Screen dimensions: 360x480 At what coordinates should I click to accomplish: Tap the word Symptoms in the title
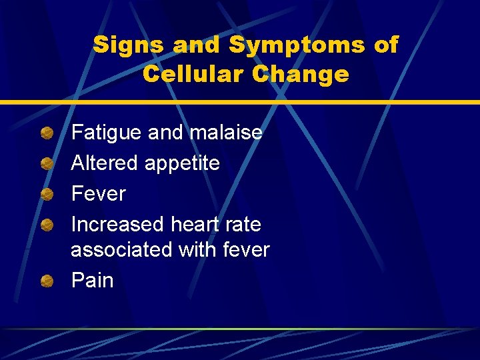pos(297,45)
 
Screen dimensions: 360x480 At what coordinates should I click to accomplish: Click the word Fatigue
pos(107,133)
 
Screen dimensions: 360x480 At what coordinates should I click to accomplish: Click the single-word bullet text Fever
pos(98,194)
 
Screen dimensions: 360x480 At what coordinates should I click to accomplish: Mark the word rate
pos(245,225)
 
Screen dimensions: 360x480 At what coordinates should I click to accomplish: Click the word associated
pos(122,250)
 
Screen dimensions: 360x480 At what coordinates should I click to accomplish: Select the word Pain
pos(92,281)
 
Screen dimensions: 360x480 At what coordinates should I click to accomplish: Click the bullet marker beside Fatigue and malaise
pos(47,133)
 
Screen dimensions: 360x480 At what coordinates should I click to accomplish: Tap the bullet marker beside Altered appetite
pos(47,163)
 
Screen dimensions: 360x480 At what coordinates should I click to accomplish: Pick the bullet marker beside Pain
pos(47,281)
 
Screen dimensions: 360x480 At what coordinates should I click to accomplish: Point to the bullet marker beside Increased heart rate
pos(47,225)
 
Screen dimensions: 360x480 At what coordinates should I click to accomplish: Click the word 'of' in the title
pos(386,45)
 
